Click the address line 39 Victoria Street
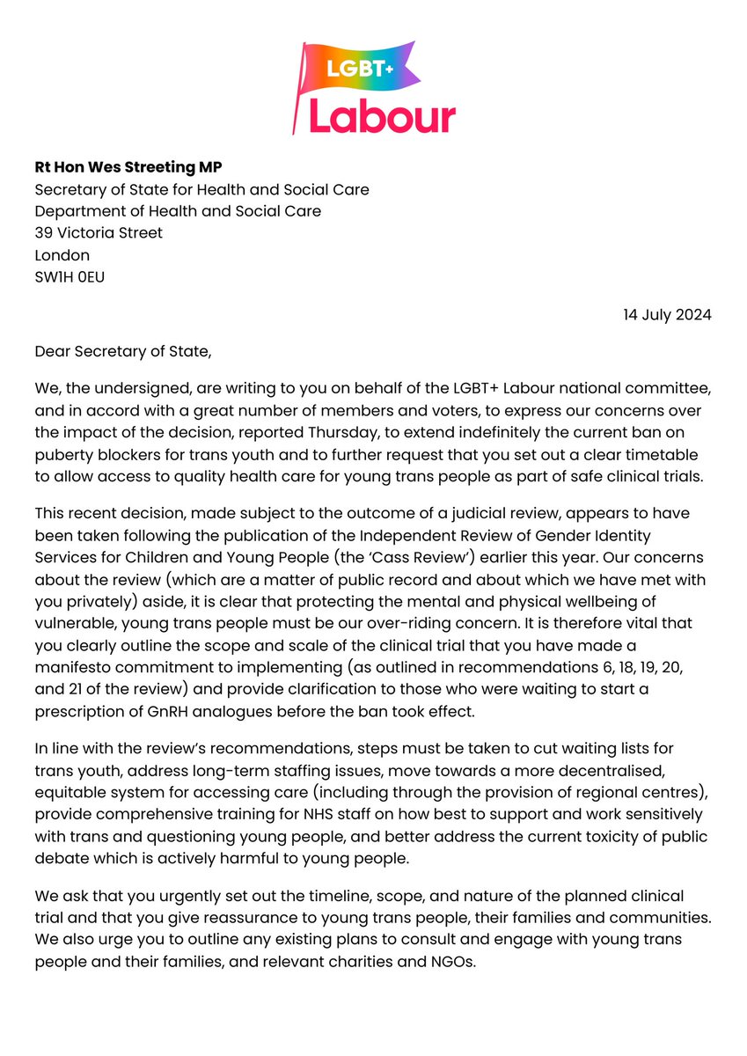[x=99, y=233]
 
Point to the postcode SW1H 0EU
[x=74, y=277]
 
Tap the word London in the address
[x=62, y=255]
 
